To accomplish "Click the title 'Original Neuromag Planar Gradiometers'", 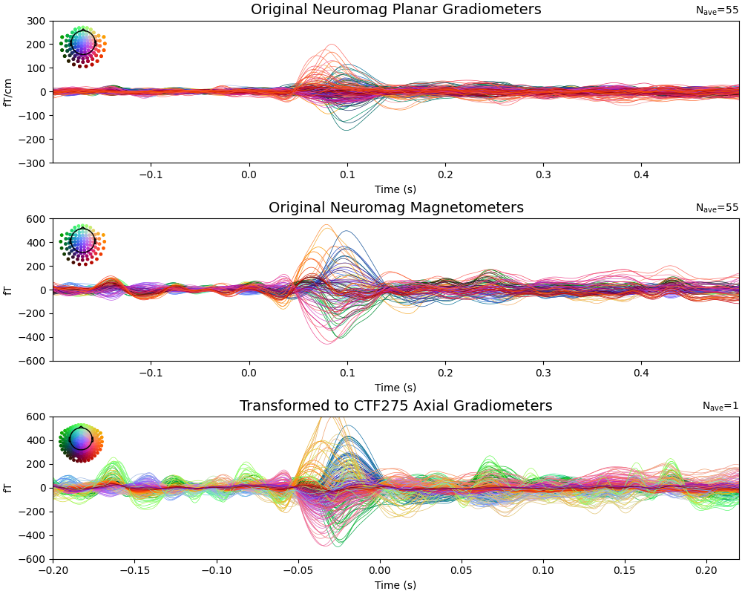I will [x=395, y=10].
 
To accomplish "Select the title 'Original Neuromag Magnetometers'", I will [x=395, y=208].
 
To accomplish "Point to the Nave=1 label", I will [x=720, y=406].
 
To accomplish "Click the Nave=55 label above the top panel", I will [x=717, y=10].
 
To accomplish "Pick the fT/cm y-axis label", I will [x=9, y=92].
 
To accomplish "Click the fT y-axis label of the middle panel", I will [x=9, y=290].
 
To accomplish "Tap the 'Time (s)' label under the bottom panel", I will [x=395, y=585].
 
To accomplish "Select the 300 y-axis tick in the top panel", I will [x=37, y=21].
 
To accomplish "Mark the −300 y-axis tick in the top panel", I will [x=34, y=163].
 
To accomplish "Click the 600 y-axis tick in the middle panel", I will [x=37, y=219].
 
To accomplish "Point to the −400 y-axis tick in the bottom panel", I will [x=34, y=535].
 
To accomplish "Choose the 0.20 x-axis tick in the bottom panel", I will [x=706, y=570].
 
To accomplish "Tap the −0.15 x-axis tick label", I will [x=134, y=570].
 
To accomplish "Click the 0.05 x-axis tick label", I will [x=462, y=570].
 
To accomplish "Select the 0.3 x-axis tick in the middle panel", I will [x=543, y=372].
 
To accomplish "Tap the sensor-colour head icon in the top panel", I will [x=83, y=45].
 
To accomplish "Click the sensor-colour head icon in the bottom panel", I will [x=81, y=442].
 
